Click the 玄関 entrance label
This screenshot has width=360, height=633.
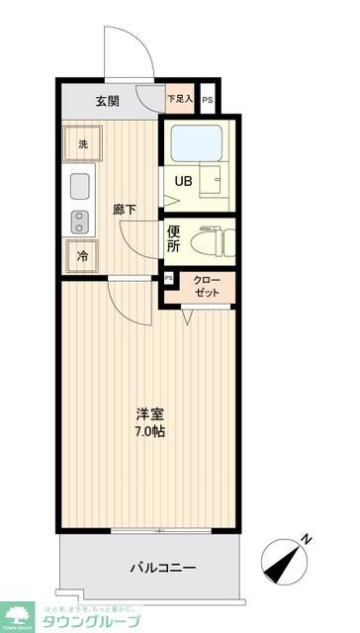pyautogui.click(x=107, y=100)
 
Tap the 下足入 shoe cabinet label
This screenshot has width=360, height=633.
pyautogui.click(x=180, y=99)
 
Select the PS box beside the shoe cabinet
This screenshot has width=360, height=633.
pyautogui.click(x=207, y=100)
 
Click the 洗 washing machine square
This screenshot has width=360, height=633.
pyautogui.click(x=83, y=144)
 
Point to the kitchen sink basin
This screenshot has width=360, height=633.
pyautogui.click(x=80, y=185)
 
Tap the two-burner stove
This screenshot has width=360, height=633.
pyautogui.click(x=80, y=220)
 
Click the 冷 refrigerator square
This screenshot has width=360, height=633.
pyautogui.click(x=83, y=254)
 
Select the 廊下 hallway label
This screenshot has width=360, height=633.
pyautogui.click(x=124, y=210)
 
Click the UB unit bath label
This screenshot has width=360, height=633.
pyautogui.click(x=184, y=181)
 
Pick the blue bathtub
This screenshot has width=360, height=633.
pyautogui.click(x=197, y=144)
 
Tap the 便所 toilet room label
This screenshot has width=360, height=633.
pyautogui.click(x=173, y=238)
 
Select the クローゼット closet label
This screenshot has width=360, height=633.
pyautogui.click(x=207, y=286)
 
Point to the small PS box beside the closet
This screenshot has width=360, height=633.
pyautogui.click(x=168, y=279)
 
